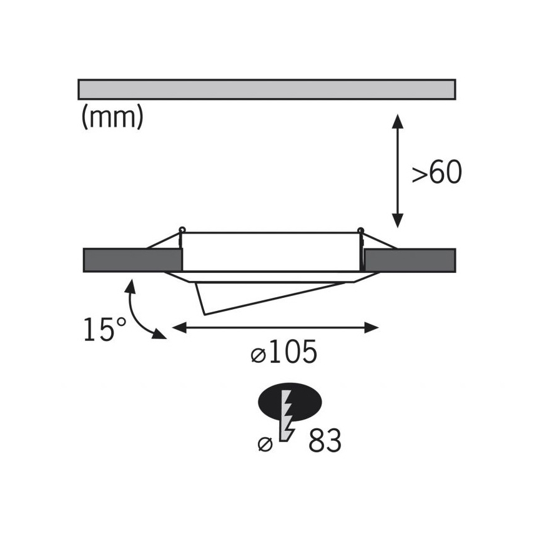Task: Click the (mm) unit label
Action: point(112,117)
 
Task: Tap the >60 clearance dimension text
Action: point(437,172)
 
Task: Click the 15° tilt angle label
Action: point(105,330)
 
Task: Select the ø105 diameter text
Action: point(283,352)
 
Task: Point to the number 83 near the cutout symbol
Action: point(325,440)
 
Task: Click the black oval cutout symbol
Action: point(290,402)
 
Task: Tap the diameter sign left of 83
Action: point(265,444)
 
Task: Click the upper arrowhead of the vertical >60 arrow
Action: point(398,121)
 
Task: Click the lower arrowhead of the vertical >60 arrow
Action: point(398,220)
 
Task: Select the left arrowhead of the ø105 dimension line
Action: point(179,328)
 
